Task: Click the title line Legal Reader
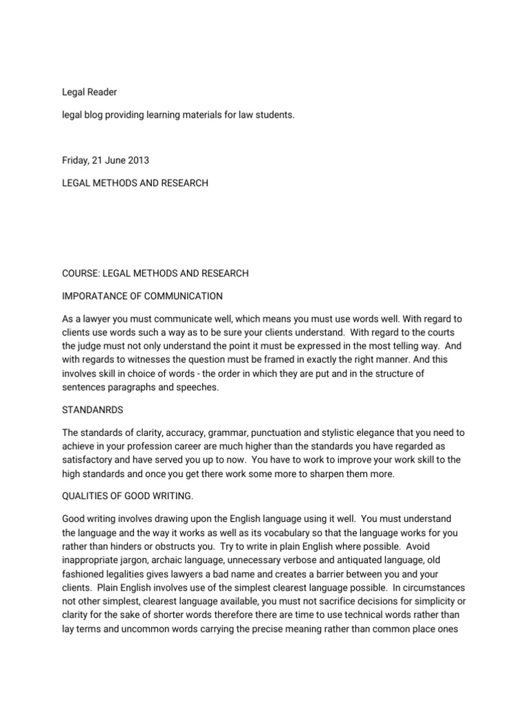tap(85, 92)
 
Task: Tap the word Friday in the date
tap(75, 160)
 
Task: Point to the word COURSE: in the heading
tap(81, 274)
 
